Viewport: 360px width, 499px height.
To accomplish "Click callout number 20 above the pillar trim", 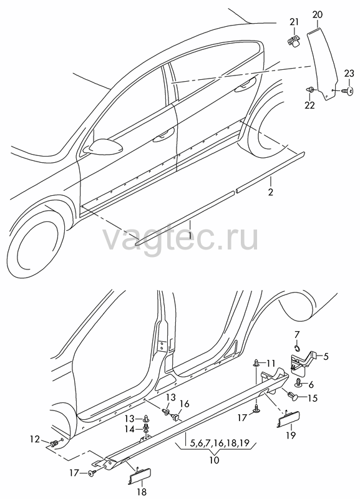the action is pyautogui.click(x=318, y=14).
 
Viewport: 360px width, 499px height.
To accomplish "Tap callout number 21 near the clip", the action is pyautogui.click(x=294, y=22).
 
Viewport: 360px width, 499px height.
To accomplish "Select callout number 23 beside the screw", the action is pyautogui.click(x=349, y=74).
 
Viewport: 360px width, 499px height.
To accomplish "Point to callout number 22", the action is pyautogui.click(x=309, y=105).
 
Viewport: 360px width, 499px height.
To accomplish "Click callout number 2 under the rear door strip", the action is pyautogui.click(x=271, y=192).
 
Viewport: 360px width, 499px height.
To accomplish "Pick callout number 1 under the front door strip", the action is pyautogui.click(x=190, y=236).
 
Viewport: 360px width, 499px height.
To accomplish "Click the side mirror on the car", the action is pyautogui.click(x=104, y=145).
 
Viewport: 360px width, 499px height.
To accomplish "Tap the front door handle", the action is pyautogui.click(x=164, y=135).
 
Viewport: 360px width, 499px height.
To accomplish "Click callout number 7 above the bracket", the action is pyautogui.click(x=296, y=334).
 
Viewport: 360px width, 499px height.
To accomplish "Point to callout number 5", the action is pyautogui.click(x=326, y=356).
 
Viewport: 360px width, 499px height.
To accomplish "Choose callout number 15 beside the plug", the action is pyautogui.click(x=313, y=398).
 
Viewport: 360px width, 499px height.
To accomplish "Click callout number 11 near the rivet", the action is pyautogui.click(x=271, y=363).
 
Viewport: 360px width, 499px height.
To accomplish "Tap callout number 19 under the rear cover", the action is pyautogui.click(x=291, y=434).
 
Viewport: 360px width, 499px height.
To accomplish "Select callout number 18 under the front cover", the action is pyautogui.click(x=142, y=493).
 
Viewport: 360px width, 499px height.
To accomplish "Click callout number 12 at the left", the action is pyautogui.click(x=35, y=440).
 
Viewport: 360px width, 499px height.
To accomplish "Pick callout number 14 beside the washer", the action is pyautogui.click(x=130, y=429).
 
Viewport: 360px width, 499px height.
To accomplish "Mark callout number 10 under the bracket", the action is pyautogui.click(x=215, y=460).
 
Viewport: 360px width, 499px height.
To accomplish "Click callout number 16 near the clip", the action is pyautogui.click(x=184, y=404).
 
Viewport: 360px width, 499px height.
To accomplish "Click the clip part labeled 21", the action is pyautogui.click(x=293, y=41).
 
